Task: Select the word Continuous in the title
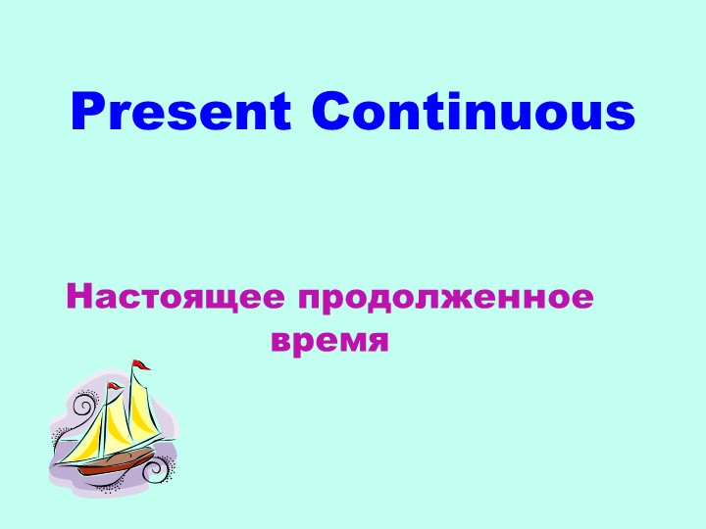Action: point(473,113)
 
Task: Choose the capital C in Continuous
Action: point(331,113)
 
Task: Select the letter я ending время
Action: point(378,342)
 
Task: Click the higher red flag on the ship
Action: point(143,365)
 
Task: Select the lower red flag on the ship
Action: point(116,388)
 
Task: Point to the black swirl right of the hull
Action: point(155,472)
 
